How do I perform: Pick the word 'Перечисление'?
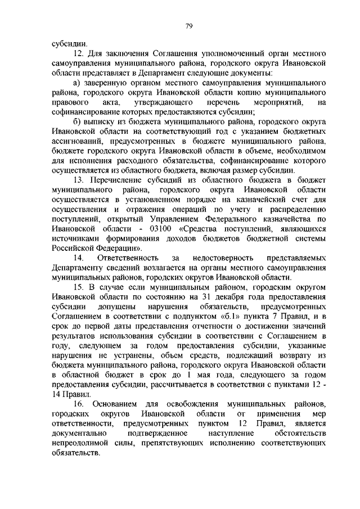coord(126,179)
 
